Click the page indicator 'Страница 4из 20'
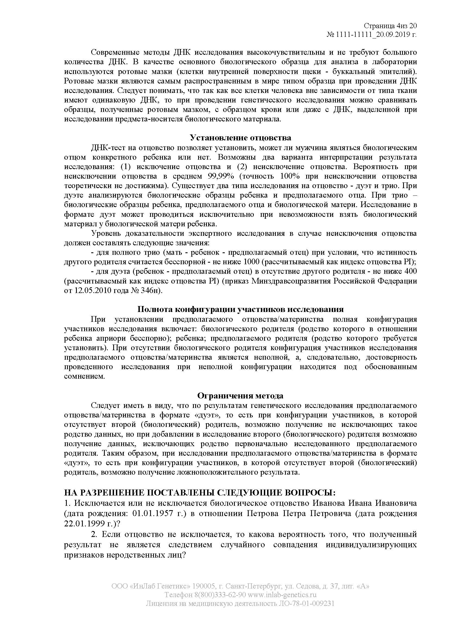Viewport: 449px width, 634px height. pyautogui.click(x=390, y=26)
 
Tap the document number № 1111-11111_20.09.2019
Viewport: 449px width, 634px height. pyautogui.click(x=372, y=35)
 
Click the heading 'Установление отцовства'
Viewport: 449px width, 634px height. pyautogui.click(x=240, y=138)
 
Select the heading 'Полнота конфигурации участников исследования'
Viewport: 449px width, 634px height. pyautogui.click(x=240, y=309)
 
